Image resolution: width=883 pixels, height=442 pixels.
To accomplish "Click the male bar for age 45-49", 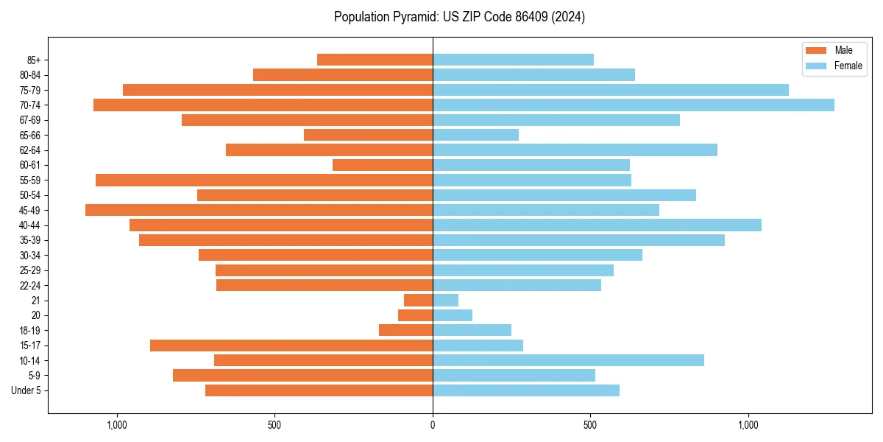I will (x=259, y=210).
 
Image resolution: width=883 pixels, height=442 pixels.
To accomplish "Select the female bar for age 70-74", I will (x=633, y=105).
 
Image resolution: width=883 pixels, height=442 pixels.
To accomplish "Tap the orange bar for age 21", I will (x=418, y=300).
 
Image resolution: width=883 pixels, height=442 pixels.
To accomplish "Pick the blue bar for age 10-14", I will (x=568, y=360).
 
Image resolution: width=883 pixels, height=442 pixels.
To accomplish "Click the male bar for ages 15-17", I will (x=291, y=345).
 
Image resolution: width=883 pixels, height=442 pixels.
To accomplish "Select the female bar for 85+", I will (x=513, y=60).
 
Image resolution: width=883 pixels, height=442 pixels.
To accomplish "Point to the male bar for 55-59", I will (x=264, y=180).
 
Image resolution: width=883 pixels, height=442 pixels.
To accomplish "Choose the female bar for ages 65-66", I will (x=475, y=135).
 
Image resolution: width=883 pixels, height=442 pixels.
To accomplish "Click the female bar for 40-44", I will (x=597, y=225).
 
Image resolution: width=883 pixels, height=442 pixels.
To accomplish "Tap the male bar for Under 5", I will (x=319, y=390).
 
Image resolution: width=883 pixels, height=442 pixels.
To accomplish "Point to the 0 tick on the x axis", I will (x=433, y=425).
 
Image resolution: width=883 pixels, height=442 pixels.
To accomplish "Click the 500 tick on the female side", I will (x=590, y=425).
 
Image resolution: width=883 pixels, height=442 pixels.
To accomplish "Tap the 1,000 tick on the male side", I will (x=117, y=425).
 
